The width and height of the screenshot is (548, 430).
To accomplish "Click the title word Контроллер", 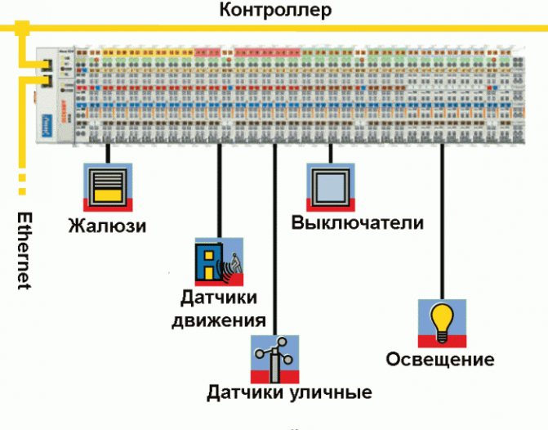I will click(x=275, y=11).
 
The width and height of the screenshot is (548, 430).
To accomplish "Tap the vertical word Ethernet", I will click(x=25, y=251).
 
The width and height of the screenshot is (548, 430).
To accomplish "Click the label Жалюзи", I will click(x=107, y=226).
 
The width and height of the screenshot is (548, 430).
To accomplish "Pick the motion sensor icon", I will click(x=219, y=261).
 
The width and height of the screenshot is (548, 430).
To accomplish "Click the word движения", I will click(x=219, y=320).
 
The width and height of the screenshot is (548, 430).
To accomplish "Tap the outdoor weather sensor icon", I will click(x=274, y=357).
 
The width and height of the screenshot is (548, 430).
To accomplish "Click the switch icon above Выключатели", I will click(x=331, y=186).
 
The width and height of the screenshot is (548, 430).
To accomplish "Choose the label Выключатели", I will click(x=358, y=223).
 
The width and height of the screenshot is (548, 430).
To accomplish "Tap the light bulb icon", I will click(x=442, y=323).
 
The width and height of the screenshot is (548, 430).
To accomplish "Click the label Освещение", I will click(x=440, y=360).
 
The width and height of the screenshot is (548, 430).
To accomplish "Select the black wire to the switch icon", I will click(x=331, y=153).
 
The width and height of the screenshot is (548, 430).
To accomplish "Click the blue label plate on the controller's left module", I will click(x=47, y=125).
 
